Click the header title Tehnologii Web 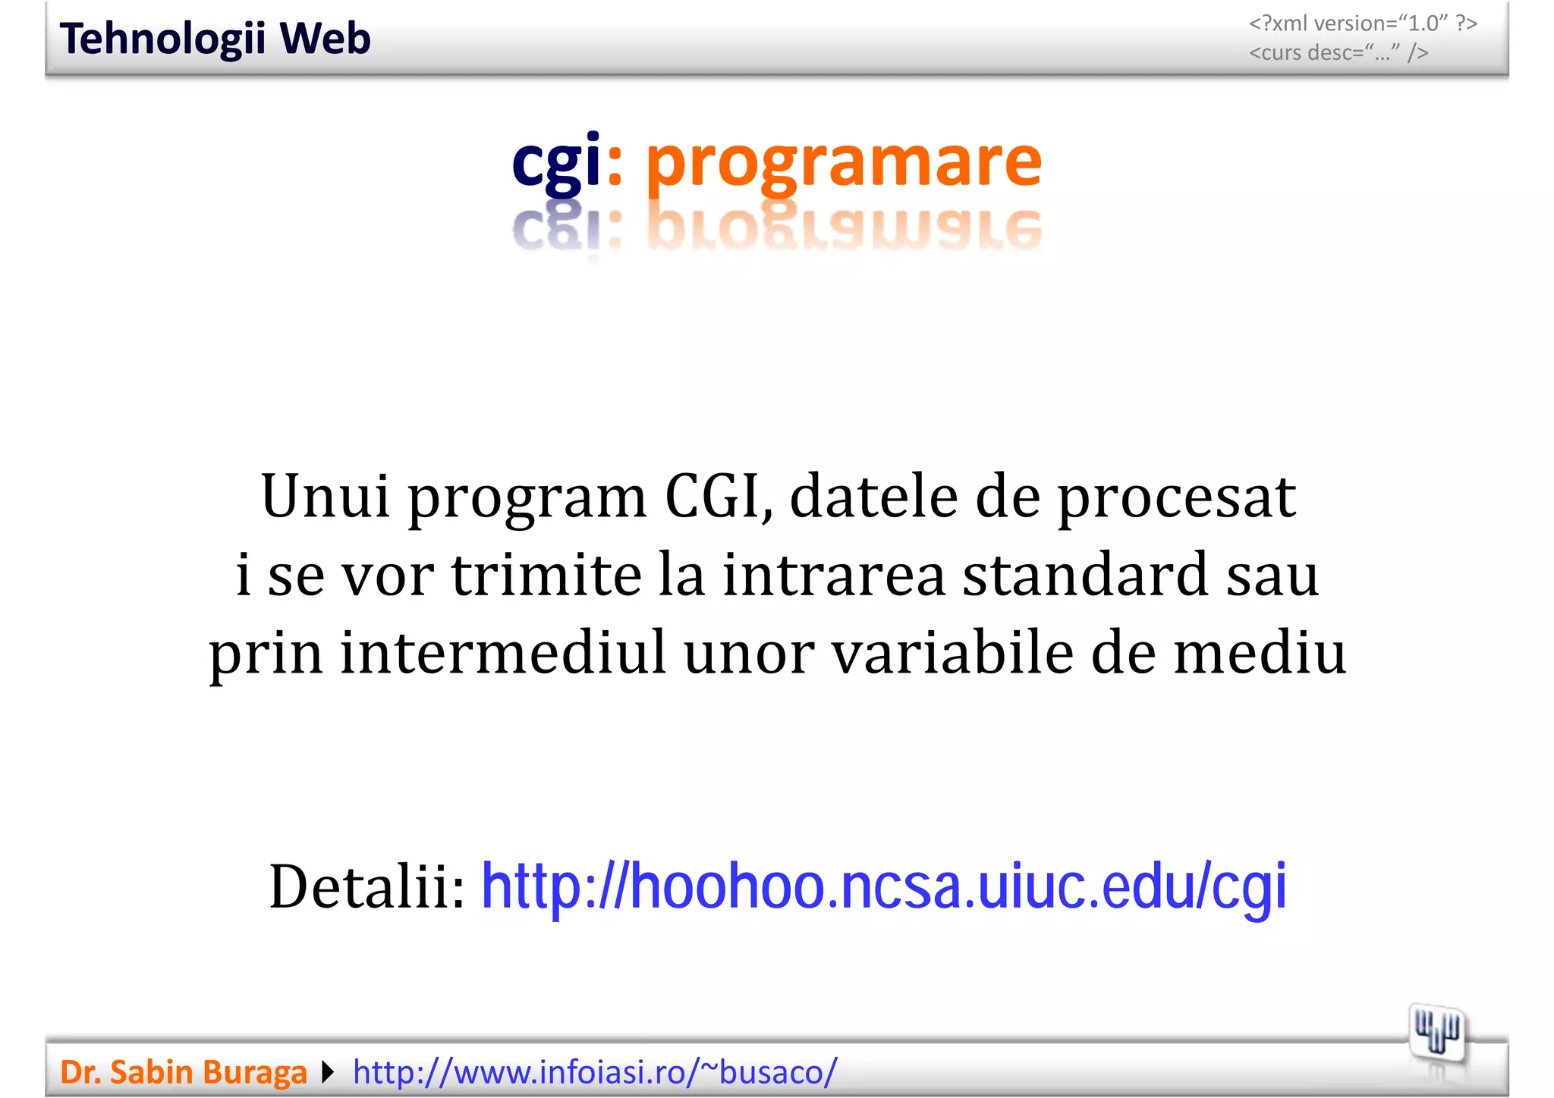point(215,39)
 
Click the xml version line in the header point(1363,24)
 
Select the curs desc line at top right point(1339,53)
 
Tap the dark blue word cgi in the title point(556,162)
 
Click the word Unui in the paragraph point(326,497)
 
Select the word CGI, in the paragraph point(719,497)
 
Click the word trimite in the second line point(546,575)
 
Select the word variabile point(952,653)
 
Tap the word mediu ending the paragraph point(1260,653)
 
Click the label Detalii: point(367,887)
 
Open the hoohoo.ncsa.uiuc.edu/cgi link point(884,887)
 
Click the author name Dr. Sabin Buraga point(183,1072)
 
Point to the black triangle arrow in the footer point(328,1072)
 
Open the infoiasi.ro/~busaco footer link point(595,1072)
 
